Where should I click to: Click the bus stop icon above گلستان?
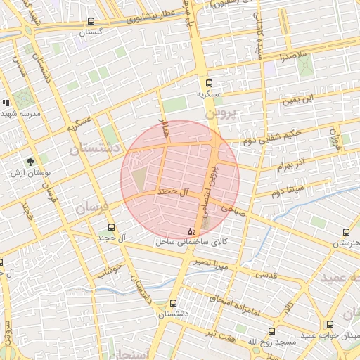pos(91,22)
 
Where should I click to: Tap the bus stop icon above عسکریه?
pos(208,83)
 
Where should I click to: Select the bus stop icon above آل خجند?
pos(111,227)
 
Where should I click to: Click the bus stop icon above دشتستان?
pos(173,303)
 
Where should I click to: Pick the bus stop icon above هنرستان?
pos(346,232)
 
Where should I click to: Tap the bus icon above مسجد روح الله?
pos(271,331)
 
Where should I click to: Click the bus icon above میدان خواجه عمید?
pos(330,324)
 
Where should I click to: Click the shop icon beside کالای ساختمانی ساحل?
pos(191,231)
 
